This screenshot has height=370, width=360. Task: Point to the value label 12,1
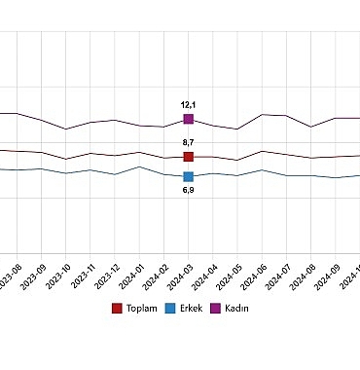[x=188, y=103]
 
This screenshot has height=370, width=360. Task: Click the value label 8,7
[x=188, y=142]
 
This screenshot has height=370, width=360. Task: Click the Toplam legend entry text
[x=142, y=309]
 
